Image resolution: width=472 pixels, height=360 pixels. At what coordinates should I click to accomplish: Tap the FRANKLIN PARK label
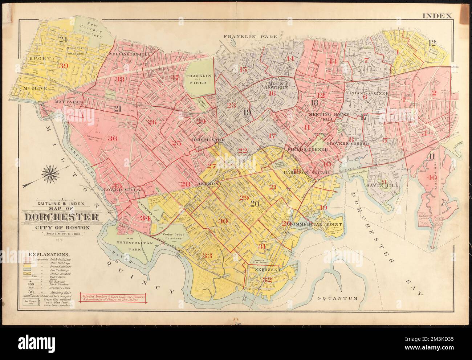click(x=250, y=37)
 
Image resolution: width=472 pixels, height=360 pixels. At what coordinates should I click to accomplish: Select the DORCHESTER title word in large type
click(x=62, y=218)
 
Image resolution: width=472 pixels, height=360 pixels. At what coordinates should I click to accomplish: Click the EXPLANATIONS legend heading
click(x=50, y=255)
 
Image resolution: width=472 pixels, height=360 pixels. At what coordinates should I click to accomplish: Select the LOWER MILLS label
click(x=117, y=189)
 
